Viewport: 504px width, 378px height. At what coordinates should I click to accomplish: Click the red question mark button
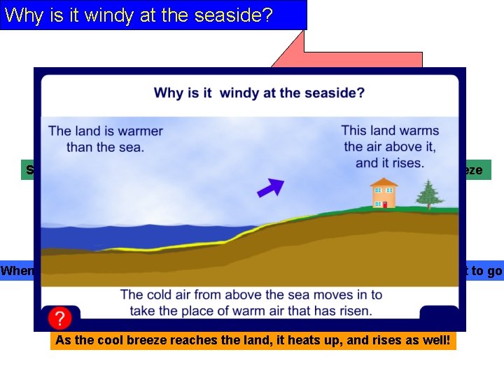[x=60, y=318]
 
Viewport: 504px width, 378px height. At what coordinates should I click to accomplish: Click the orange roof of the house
[x=384, y=183]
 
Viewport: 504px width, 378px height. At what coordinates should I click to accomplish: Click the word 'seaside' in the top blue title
[x=235, y=15]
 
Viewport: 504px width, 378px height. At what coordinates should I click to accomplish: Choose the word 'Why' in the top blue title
[x=23, y=15]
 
